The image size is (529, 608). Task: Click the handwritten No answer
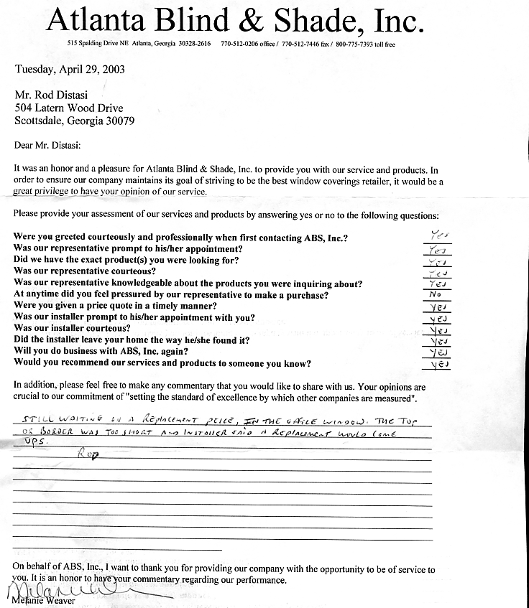coord(435,294)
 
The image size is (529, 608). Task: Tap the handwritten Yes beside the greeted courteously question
coord(436,235)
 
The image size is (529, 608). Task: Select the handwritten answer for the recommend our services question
coord(436,365)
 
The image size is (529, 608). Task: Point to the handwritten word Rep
coord(86,454)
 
